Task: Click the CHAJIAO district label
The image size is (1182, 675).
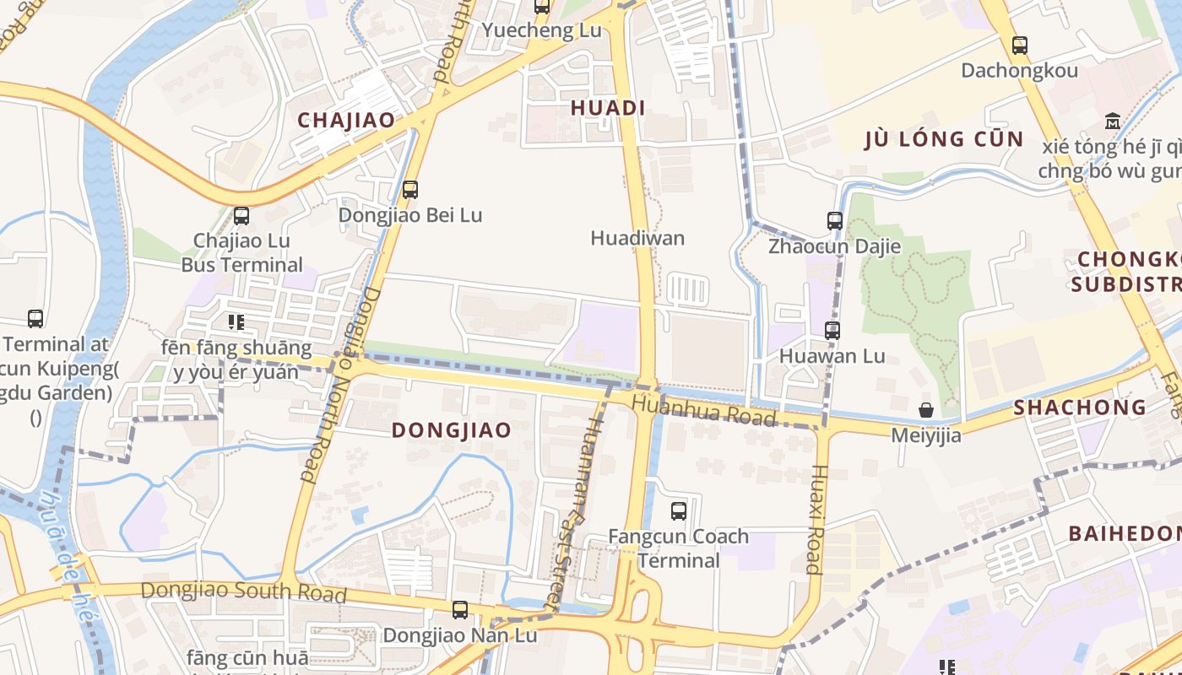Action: pos(346,120)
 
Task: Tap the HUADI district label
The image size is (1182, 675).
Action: pos(608,108)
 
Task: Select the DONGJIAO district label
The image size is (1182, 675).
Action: pos(452,430)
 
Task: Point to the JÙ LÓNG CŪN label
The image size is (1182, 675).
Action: pos(944,139)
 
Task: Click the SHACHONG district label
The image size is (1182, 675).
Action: pos(1080,408)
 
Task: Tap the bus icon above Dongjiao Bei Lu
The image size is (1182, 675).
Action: pos(410,190)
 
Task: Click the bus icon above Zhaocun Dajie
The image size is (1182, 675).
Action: pos(835,221)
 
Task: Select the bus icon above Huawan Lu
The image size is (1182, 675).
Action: pos(832,330)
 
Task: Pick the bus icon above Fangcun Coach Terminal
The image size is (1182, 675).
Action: pos(679,510)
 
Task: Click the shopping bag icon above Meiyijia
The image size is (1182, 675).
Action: pos(926,410)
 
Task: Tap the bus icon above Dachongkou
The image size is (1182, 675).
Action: pos(1020,45)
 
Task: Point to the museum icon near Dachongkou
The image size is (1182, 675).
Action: pos(1113,121)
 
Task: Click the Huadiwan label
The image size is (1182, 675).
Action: pos(637,238)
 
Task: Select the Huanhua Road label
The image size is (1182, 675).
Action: pos(703,411)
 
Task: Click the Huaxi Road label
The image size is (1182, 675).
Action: pos(816,519)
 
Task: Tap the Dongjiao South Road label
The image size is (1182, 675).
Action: pos(243,591)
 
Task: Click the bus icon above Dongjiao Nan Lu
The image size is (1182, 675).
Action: pos(460,609)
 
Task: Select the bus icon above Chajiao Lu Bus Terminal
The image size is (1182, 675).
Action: pos(241,216)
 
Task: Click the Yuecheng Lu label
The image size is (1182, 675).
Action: pos(542,30)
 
